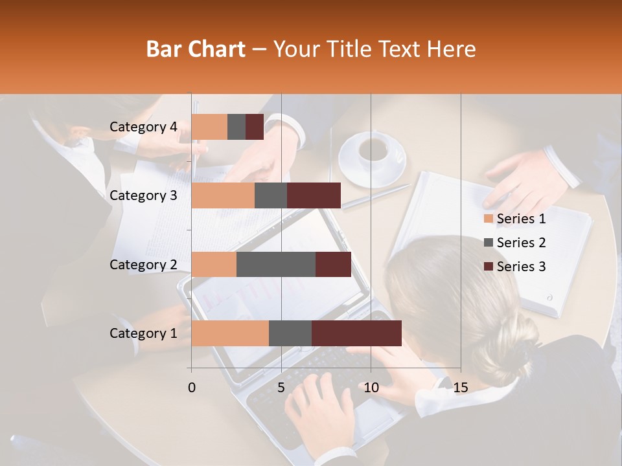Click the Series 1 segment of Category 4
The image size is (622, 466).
(x=209, y=127)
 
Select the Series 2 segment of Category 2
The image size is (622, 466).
(x=276, y=264)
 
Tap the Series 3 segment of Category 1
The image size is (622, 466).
(x=356, y=333)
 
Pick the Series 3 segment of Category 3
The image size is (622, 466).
(x=314, y=195)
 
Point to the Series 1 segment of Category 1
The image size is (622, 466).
(x=230, y=333)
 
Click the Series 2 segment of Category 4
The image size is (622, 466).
(x=236, y=127)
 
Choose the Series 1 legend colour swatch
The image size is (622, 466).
(x=488, y=219)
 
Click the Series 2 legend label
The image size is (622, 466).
(x=521, y=243)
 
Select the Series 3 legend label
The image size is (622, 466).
(x=521, y=267)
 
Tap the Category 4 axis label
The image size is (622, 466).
(x=143, y=127)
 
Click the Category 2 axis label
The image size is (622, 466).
(x=143, y=265)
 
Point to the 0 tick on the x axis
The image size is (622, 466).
(x=191, y=388)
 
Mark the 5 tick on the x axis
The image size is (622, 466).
(x=281, y=388)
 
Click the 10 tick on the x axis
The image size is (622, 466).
(x=371, y=388)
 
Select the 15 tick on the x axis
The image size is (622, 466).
(x=461, y=388)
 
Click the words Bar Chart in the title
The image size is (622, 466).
(x=196, y=49)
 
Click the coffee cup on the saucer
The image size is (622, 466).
(x=373, y=150)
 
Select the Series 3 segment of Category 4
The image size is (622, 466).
(x=255, y=127)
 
